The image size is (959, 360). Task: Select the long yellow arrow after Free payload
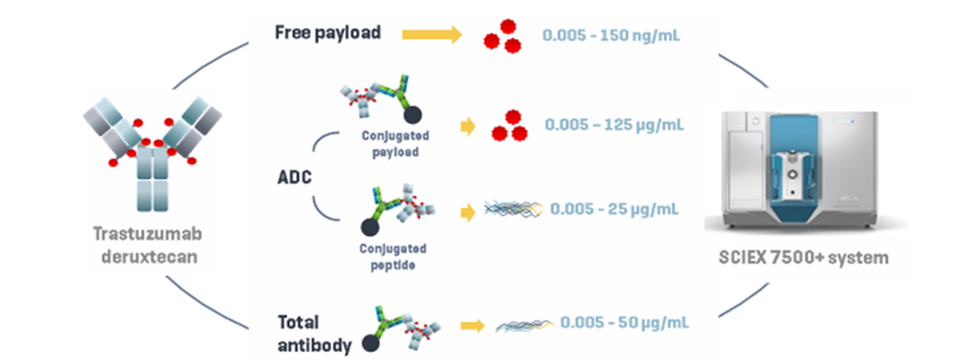click(x=432, y=34)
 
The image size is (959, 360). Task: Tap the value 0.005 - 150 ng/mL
click(x=612, y=34)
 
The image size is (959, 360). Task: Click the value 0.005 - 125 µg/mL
click(x=614, y=125)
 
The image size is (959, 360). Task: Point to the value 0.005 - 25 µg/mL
click(x=614, y=210)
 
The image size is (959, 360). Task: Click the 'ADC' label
click(x=293, y=178)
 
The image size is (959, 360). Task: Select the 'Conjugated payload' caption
click(x=395, y=144)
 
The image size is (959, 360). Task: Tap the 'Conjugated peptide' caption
click(x=392, y=258)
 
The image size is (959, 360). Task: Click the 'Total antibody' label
click(x=315, y=333)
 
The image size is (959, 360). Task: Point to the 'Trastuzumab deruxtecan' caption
click(x=147, y=246)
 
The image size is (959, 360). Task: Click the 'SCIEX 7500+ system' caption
click(x=804, y=258)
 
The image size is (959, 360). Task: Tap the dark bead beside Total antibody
click(x=370, y=343)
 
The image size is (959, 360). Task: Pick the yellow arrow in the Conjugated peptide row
click(x=468, y=212)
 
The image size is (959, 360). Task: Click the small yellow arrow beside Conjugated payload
click(x=468, y=127)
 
